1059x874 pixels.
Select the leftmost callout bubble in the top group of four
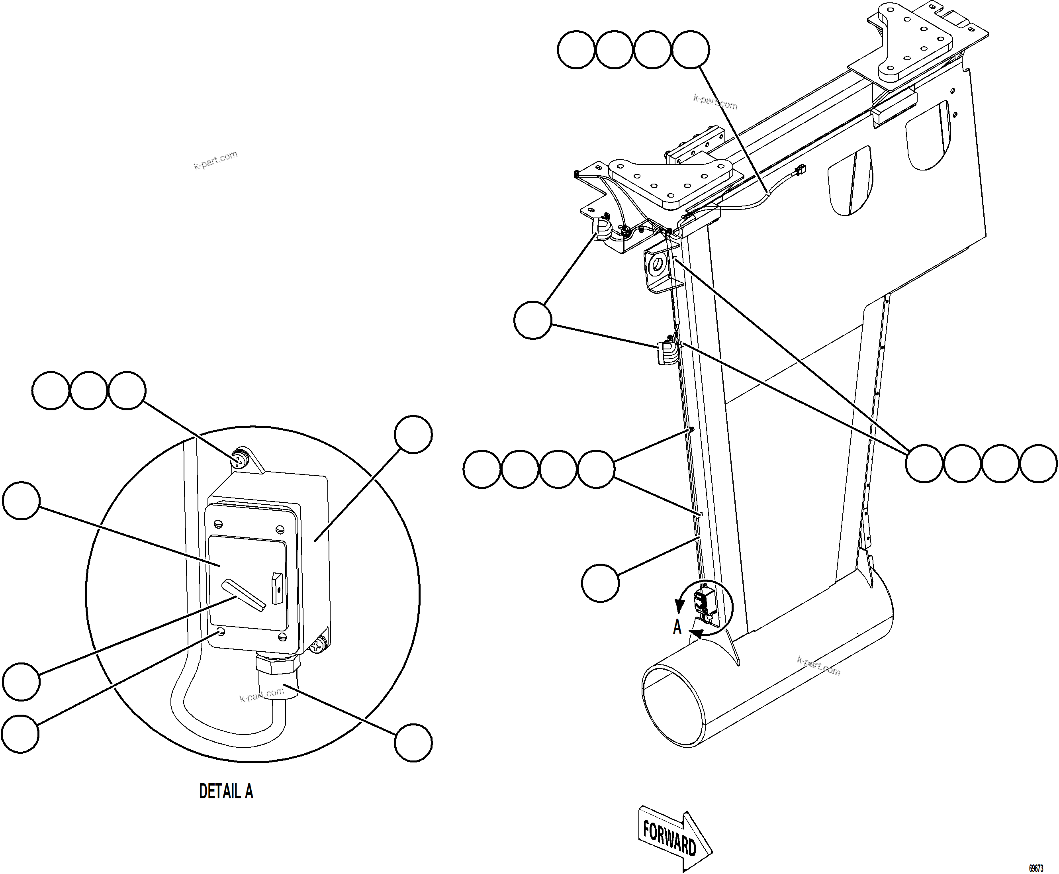(x=576, y=49)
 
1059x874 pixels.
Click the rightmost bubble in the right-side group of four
(x=1038, y=463)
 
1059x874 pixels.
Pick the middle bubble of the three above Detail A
(x=88, y=390)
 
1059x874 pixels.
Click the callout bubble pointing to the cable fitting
(x=413, y=743)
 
